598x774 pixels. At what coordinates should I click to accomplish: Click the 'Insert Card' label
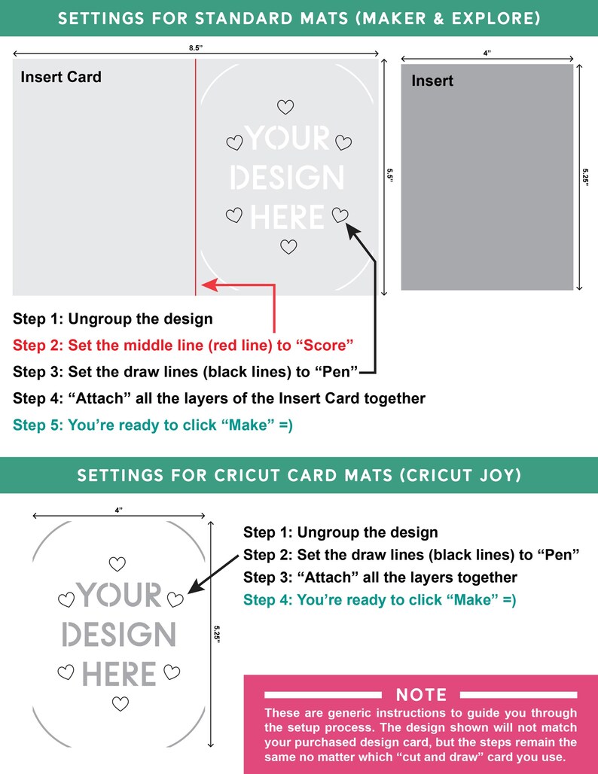(61, 77)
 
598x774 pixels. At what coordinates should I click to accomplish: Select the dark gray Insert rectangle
(487, 177)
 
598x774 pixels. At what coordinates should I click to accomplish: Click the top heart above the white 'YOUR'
(285, 108)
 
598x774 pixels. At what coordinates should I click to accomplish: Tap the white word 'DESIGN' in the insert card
(287, 178)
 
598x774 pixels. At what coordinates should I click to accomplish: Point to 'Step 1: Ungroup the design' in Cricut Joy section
(340, 533)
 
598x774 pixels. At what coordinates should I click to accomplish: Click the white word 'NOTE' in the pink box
(422, 694)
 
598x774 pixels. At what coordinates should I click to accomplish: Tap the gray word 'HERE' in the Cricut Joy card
(119, 673)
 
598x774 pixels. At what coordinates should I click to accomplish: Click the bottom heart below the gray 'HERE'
(120, 703)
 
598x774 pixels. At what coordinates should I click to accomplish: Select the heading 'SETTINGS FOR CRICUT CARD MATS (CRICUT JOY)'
(298, 475)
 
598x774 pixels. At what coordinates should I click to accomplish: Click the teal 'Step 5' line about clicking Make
(153, 425)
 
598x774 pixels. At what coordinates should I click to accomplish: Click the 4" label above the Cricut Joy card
(119, 510)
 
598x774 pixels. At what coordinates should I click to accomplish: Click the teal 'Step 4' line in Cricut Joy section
(380, 600)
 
